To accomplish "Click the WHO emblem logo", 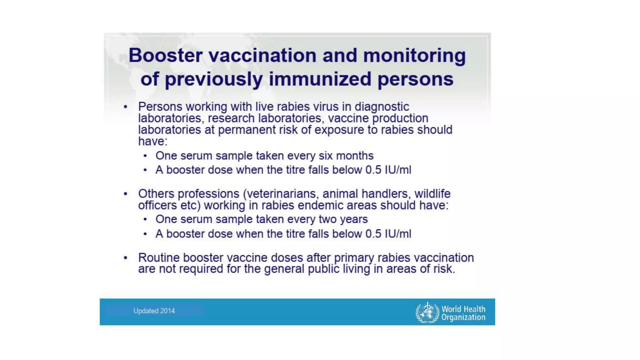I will pos(427,312).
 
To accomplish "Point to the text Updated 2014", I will pos(154,311).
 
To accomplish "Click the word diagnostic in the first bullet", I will pos(382,107).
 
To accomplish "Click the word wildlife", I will pos(432,194).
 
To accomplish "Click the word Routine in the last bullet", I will pos(159,258).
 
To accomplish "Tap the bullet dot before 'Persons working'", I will pos(126,107).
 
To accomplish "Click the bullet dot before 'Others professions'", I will pos(126,194).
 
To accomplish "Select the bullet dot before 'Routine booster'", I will pos(126,258).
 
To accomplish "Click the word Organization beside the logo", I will pos(463,317).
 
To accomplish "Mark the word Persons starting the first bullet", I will pos(160,107).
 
